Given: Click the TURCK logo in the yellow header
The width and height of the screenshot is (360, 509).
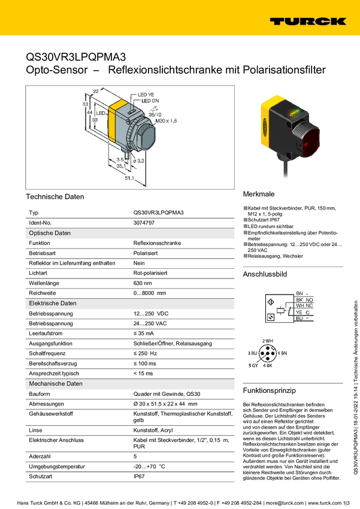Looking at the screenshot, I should pyautogui.click(x=307, y=21).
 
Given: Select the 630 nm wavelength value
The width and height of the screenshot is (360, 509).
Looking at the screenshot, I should pyautogui.click(x=143, y=283).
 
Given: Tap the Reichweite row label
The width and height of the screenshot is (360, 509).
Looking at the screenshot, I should pyautogui.click(x=42, y=293).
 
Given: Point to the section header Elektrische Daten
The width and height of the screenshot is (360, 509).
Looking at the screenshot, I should pyautogui.click(x=53, y=304).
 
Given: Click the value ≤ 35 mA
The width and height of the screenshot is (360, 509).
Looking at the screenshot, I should pyautogui.click(x=143, y=334).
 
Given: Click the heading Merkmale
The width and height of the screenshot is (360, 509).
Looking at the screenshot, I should pyautogui.click(x=259, y=195).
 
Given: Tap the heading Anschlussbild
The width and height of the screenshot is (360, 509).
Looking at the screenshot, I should pyautogui.click(x=265, y=274).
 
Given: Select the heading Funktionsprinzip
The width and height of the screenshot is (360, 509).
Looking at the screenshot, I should pyautogui.click(x=270, y=390).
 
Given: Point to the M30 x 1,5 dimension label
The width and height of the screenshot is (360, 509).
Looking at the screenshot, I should pyautogui.click(x=167, y=121).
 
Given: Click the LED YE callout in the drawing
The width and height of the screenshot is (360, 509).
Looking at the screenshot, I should pyautogui.click(x=146, y=95).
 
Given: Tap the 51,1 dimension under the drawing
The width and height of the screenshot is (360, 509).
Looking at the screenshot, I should pyautogui.click(x=129, y=177).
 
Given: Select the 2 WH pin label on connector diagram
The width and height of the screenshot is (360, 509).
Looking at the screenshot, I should pyautogui.click(x=268, y=341).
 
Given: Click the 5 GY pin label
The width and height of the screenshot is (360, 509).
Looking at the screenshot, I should pyautogui.click(x=253, y=365).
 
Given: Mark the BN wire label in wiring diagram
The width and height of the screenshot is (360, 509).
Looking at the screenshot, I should pyautogui.click(x=300, y=292).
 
